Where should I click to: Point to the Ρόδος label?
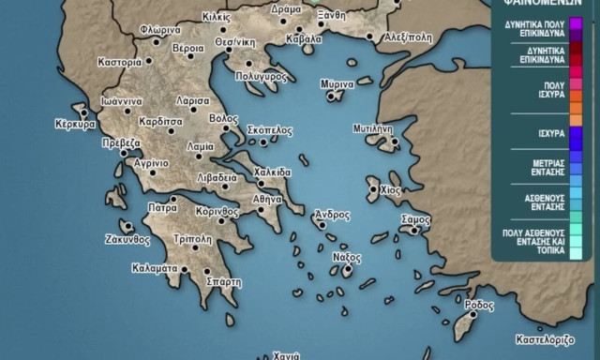[478, 306]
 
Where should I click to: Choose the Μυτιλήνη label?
[371, 127]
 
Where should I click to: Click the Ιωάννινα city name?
[123, 100]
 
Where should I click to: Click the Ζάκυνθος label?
[127, 239]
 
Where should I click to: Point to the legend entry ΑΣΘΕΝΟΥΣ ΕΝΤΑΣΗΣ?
[544, 202]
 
